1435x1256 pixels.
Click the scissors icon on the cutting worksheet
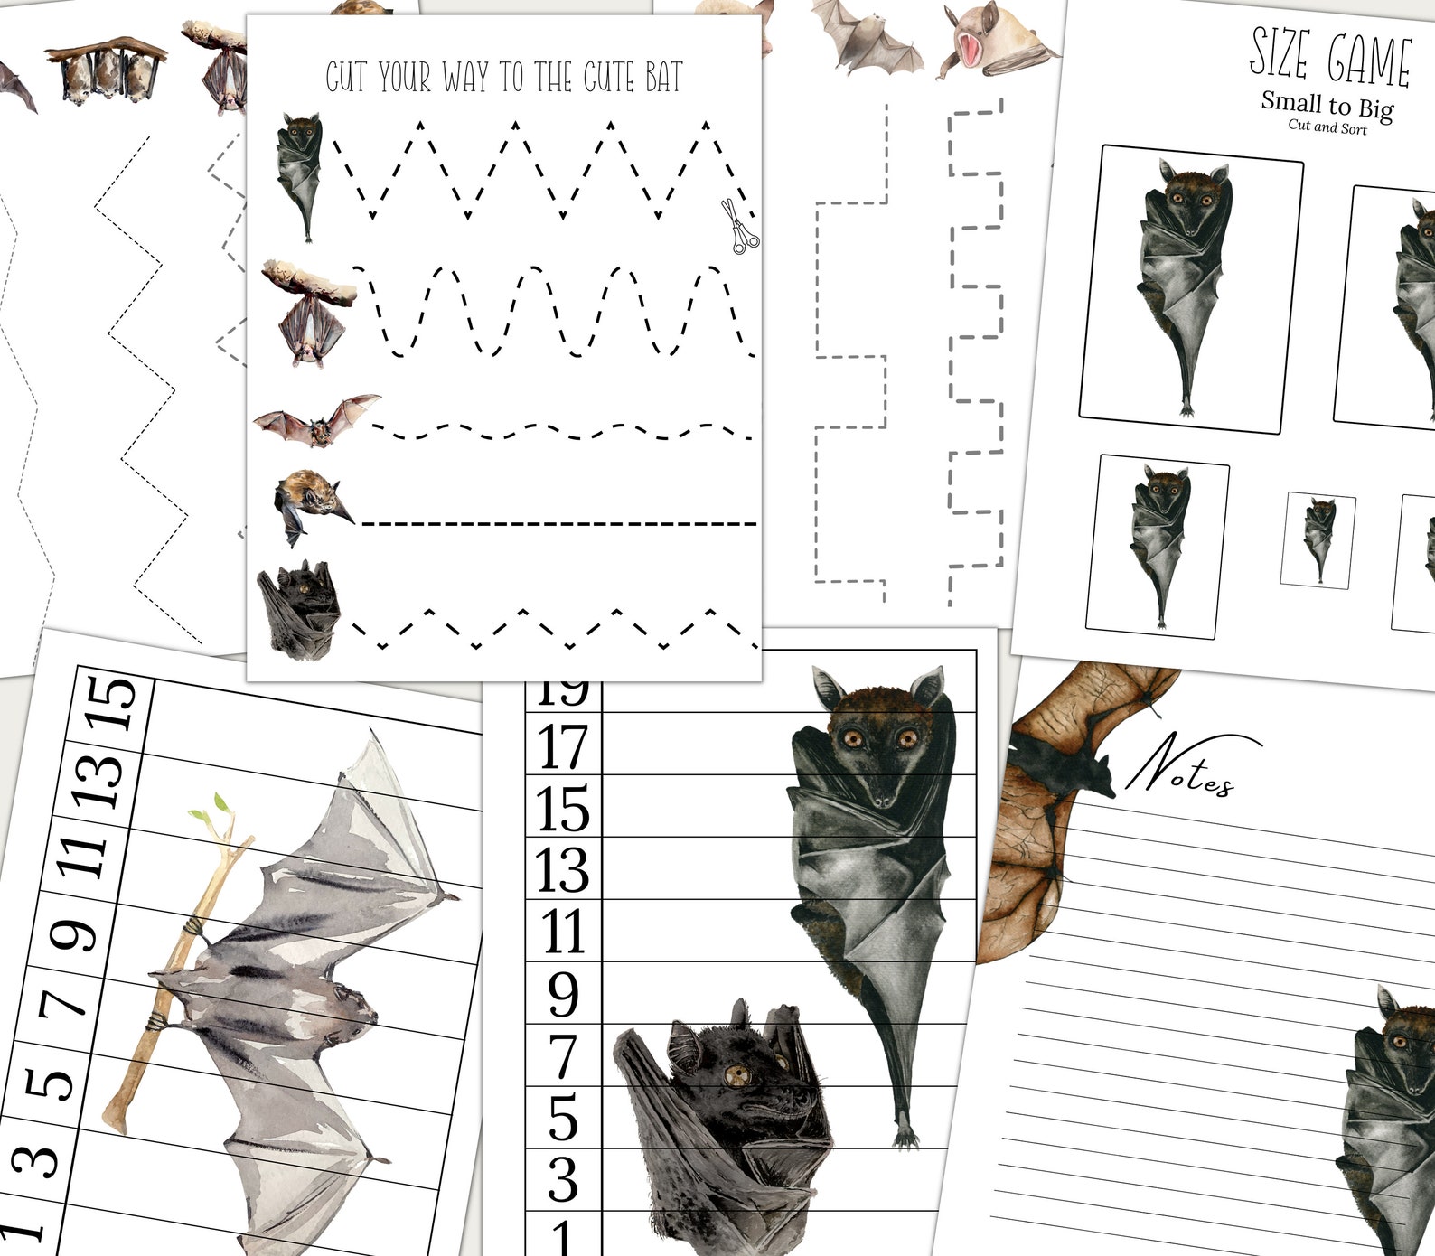click(740, 227)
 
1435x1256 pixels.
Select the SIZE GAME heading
click(1329, 58)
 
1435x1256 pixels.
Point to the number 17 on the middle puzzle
click(563, 745)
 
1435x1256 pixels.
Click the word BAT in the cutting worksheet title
click(662, 78)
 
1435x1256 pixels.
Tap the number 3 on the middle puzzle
click(563, 1179)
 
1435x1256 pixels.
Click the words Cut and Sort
click(1327, 127)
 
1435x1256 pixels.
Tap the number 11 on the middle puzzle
click(563, 932)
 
